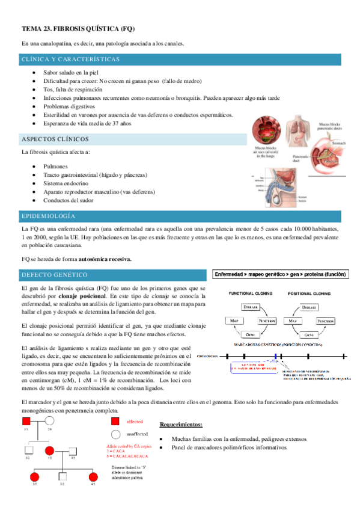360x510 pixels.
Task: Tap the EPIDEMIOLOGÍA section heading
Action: pos(49,215)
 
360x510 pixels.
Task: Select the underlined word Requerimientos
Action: pos(181,408)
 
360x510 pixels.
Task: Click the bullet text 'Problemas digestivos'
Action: pos(64,106)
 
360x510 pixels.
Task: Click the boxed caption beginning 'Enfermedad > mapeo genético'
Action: pos(281,274)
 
